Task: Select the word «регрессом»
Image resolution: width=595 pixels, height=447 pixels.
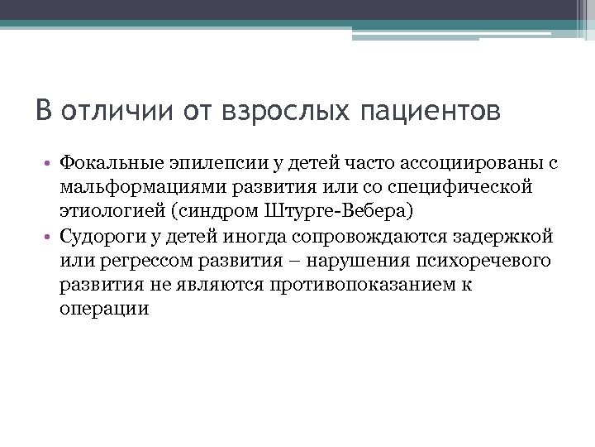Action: pos(140,261)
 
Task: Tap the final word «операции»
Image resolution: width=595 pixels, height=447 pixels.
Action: pos(104,309)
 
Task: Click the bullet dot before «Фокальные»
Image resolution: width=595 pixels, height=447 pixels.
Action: pos(50,165)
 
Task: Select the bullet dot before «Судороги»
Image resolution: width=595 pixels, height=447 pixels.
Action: pos(50,238)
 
